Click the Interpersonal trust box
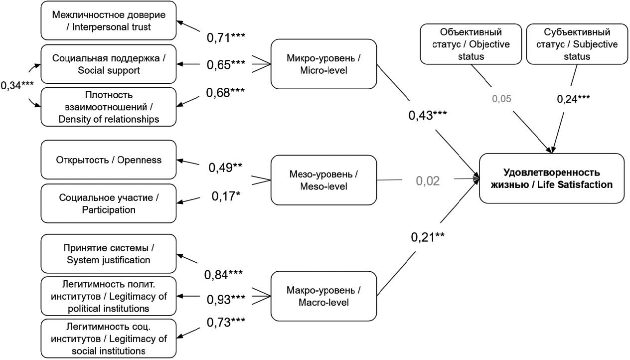coord(109,20)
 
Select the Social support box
coord(109,64)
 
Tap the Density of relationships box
coord(109,106)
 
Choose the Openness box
coord(109,160)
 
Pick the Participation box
coord(109,203)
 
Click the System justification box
coord(109,253)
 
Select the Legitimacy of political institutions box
coord(109,296)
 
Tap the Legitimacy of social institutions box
coord(109,338)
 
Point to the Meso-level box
coord(323,180)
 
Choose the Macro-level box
coord(323,296)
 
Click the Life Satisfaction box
coord(551,178)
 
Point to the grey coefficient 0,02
coord(428,180)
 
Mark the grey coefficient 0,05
coord(501,99)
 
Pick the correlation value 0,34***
coord(17,85)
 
